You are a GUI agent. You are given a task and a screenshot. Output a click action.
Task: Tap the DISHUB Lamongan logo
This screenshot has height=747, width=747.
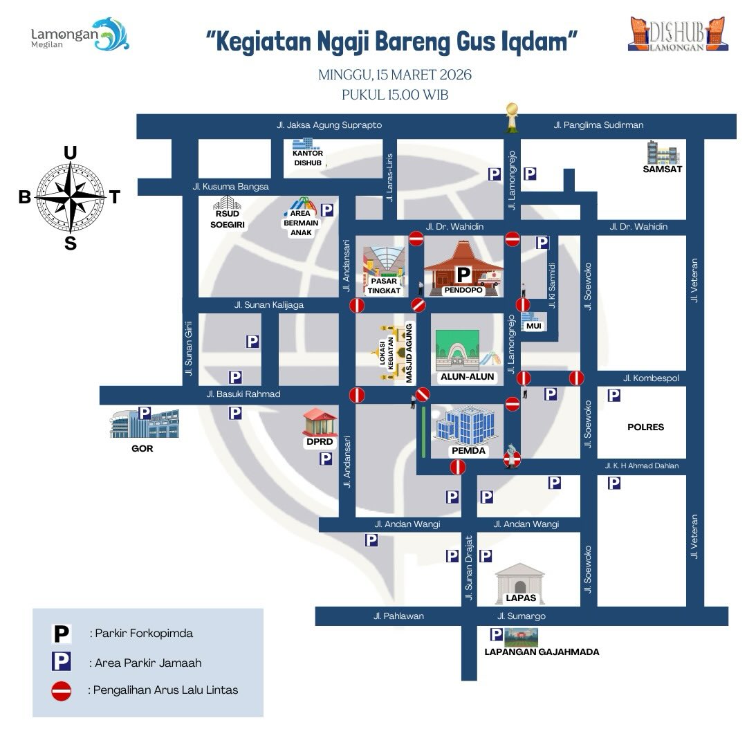(678, 34)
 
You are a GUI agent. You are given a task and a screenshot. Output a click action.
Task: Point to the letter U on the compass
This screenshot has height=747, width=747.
(70, 153)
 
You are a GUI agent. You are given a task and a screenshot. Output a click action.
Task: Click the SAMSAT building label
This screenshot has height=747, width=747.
(662, 169)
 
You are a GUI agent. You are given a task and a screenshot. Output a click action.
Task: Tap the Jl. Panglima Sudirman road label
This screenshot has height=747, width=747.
(598, 125)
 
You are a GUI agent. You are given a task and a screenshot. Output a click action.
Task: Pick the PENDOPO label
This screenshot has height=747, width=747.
(463, 290)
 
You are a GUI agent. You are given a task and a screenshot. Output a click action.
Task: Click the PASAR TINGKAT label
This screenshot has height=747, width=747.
(384, 286)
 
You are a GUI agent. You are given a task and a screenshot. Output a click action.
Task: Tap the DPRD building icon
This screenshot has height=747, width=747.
(320, 421)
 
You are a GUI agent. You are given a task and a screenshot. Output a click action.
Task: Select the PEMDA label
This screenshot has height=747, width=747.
(468, 451)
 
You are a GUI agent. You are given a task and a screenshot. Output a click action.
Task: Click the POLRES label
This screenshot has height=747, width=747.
(645, 427)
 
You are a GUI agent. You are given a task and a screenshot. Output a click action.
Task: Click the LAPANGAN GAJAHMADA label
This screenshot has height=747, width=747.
(542, 652)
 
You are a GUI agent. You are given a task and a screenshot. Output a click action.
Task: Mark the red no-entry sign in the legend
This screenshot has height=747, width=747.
(62, 691)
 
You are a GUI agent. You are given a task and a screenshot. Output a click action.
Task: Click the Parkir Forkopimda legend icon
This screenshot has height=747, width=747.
(62, 633)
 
